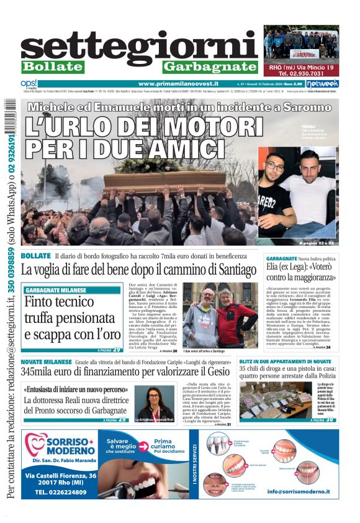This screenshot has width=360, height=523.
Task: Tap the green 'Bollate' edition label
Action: tap(53, 67)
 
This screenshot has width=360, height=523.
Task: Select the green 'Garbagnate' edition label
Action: tap(210, 67)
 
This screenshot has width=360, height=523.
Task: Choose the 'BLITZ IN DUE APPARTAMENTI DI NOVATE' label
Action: tap(285, 362)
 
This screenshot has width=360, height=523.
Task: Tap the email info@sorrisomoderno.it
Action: tap(299, 491)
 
